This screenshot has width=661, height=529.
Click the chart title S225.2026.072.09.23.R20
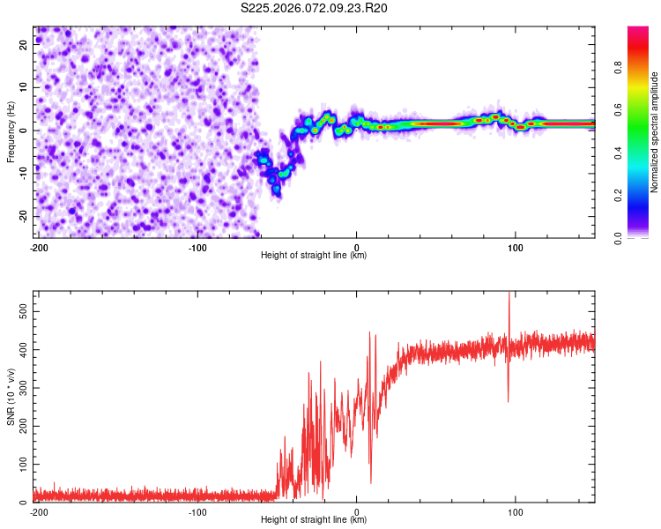[x=315, y=9]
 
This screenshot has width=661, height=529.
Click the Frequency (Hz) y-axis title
[x=11, y=132]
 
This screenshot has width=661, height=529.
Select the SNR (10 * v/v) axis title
[x=11, y=397]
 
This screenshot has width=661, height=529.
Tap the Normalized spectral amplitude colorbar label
[x=654, y=132]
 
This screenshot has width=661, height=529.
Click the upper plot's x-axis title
[x=314, y=255]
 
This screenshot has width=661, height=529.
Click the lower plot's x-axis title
[x=314, y=519]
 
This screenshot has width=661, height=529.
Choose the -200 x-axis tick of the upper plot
[x=39, y=247]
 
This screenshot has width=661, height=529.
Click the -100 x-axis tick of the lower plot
[x=197, y=511]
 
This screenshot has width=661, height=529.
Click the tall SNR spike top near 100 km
[x=509, y=294]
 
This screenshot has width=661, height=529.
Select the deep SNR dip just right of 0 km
[x=370, y=482]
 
